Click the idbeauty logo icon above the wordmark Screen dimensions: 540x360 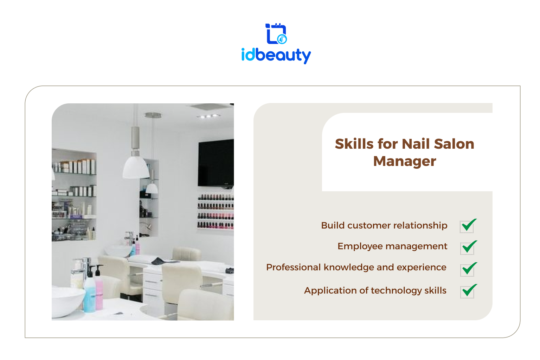click(276, 34)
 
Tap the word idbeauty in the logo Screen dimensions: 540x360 click(276, 56)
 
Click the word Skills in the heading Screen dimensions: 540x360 click(354, 144)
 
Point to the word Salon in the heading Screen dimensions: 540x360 click(454, 144)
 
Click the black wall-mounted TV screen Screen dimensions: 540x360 click(216, 163)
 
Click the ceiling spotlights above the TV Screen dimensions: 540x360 click(208, 116)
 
